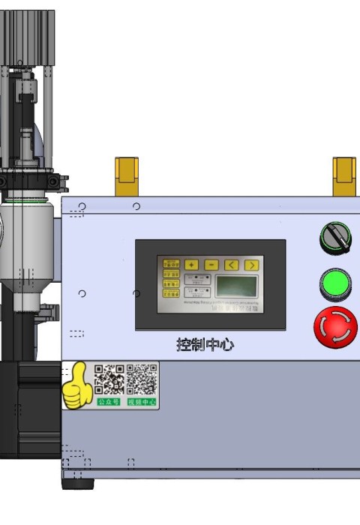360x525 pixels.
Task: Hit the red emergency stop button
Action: [x=335, y=327]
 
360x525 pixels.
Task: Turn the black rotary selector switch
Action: [x=335, y=238]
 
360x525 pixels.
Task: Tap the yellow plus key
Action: [x=192, y=265]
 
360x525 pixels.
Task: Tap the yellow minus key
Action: [x=211, y=265]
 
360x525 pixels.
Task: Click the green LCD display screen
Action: [x=236, y=286]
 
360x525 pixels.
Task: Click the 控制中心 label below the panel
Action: [x=205, y=345]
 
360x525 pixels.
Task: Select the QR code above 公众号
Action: [x=109, y=379]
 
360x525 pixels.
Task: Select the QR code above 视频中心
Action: [x=142, y=379]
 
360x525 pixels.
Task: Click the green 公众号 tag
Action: [x=109, y=402]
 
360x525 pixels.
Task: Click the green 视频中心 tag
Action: [x=142, y=402]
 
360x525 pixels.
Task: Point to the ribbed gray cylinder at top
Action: [x=27, y=37]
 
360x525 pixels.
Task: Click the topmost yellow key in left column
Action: [x=172, y=264]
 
